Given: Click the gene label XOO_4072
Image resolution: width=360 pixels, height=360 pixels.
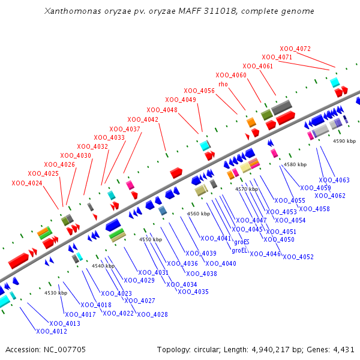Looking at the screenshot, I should click(x=295, y=49).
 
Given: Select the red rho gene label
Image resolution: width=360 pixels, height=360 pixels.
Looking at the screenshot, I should click(x=223, y=84).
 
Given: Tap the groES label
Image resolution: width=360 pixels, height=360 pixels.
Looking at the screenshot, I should click(x=241, y=242).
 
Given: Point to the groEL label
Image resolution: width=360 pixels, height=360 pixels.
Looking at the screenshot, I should click(x=240, y=250).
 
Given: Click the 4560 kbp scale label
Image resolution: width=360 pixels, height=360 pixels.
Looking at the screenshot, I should click(x=199, y=214).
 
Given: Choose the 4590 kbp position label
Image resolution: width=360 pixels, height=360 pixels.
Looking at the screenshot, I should click(x=344, y=141).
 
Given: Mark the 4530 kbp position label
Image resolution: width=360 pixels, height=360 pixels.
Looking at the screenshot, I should click(x=56, y=293).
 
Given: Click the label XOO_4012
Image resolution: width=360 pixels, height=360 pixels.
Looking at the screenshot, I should click(x=52, y=331).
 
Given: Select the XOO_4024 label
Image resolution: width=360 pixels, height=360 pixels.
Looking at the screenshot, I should click(x=27, y=182).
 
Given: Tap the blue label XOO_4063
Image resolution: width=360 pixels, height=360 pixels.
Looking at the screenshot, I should click(x=334, y=180).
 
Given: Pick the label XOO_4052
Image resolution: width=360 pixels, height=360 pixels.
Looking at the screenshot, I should click(x=298, y=257).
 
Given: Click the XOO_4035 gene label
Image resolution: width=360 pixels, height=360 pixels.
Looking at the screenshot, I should click(x=193, y=292).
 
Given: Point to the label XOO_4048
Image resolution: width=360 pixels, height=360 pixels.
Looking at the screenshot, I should click(x=162, y=110).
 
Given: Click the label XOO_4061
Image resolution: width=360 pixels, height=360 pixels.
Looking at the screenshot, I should click(x=258, y=66).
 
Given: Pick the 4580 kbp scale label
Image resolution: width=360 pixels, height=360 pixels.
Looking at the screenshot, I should click(x=295, y=164).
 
